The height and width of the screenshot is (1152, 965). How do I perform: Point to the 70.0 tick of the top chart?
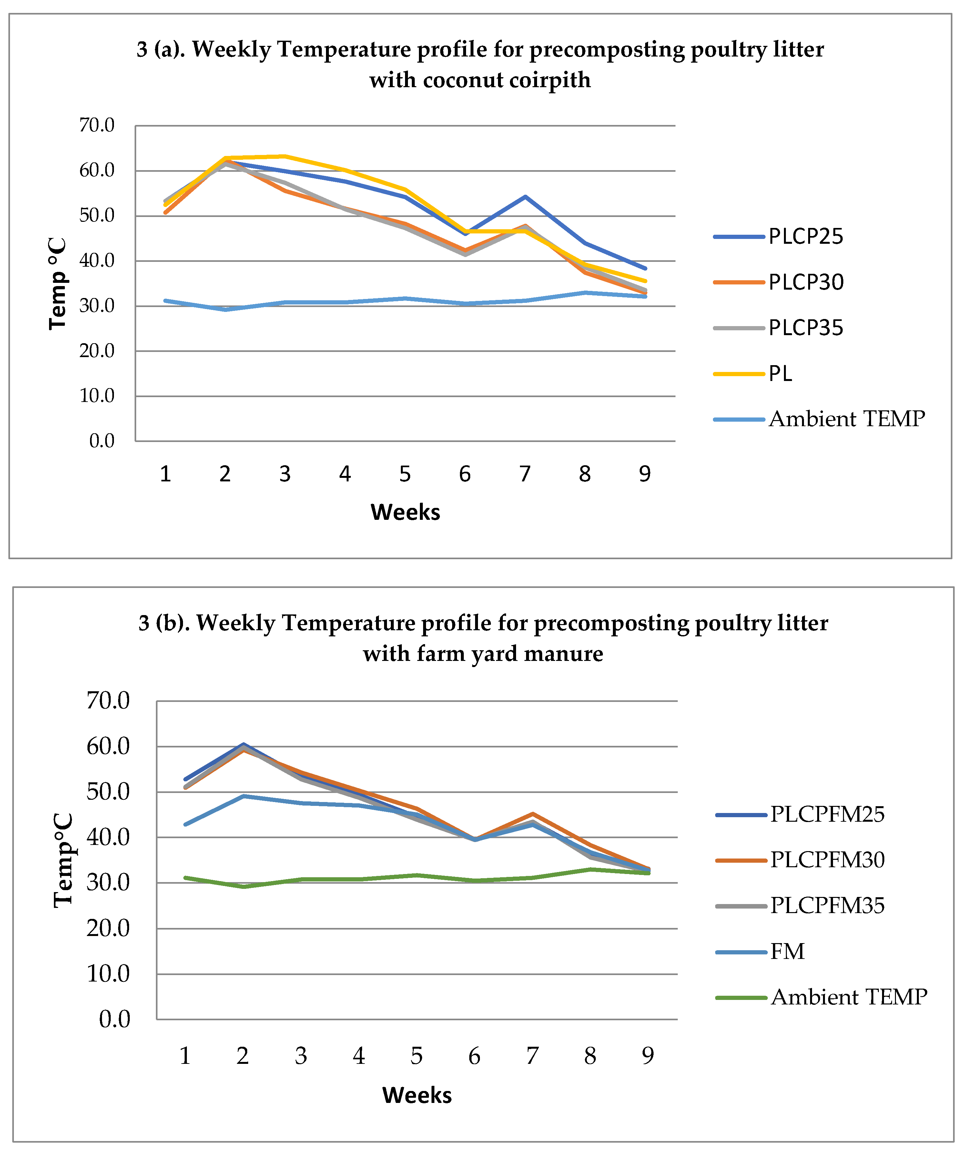click(97, 126)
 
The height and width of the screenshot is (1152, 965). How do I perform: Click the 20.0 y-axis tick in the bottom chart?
click(108, 929)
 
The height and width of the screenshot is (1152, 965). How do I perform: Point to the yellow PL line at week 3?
click(285, 156)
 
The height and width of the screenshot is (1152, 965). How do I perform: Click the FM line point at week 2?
click(243, 796)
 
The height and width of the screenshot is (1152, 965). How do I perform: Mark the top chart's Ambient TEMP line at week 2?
click(225, 309)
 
